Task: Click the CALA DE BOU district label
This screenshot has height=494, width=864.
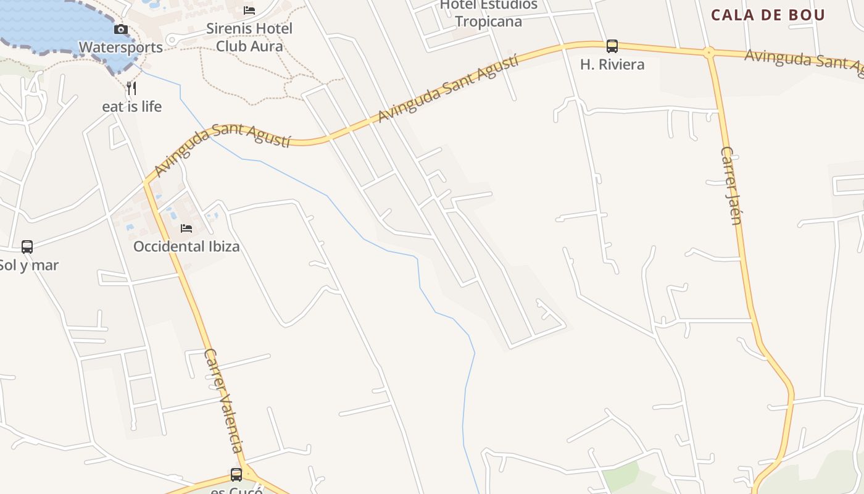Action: click(x=768, y=15)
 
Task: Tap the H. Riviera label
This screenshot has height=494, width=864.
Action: click(x=612, y=64)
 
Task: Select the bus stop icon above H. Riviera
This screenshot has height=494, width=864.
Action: click(x=612, y=46)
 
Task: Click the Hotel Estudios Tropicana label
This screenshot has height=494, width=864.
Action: click(x=488, y=13)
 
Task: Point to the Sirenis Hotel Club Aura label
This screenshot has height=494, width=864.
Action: click(x=249, y=37)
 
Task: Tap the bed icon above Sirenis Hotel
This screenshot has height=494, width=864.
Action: click(x=249, y=10)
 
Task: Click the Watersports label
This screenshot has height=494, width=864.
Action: click(x=121, y=48)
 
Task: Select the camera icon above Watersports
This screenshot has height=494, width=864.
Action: click(x=121, y=29)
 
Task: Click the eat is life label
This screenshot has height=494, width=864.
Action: click(x=131, y=107)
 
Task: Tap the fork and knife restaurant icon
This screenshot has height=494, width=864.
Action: click(x=131, y=88)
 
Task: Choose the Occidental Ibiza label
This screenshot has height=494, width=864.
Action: click(x=186, y=247)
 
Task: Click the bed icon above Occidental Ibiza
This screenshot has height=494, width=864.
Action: click(x=186, y=228)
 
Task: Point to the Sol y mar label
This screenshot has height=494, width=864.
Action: click(x=29, y=266)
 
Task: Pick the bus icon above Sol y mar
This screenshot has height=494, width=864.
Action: click(x=27, y=247)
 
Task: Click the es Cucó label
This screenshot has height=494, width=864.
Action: click(x=237, y=491)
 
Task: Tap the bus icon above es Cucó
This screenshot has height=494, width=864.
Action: click(x=236, y=474)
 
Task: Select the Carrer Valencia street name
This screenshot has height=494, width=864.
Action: click(x=223, y=401)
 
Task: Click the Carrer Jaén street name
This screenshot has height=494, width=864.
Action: click(x=731, y=185)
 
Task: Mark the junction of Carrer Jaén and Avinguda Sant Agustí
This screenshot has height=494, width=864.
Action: click(x=709, y=53)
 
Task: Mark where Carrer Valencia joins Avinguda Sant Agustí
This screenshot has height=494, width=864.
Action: click(x=147, y=183)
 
